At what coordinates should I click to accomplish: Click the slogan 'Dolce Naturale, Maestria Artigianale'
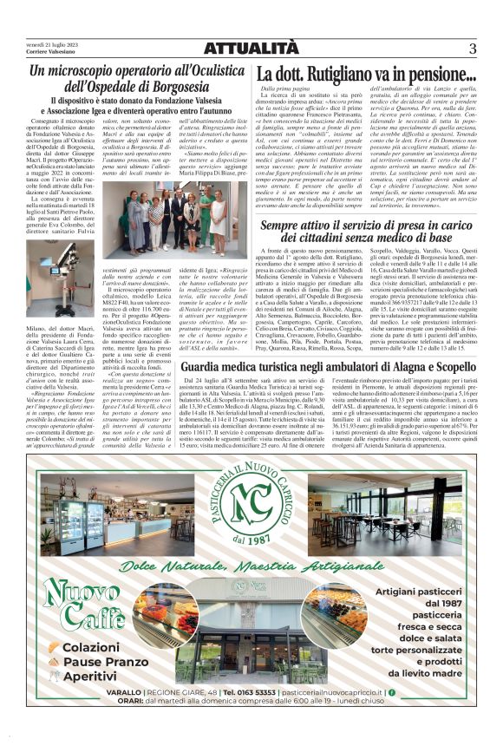coord(252,567)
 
